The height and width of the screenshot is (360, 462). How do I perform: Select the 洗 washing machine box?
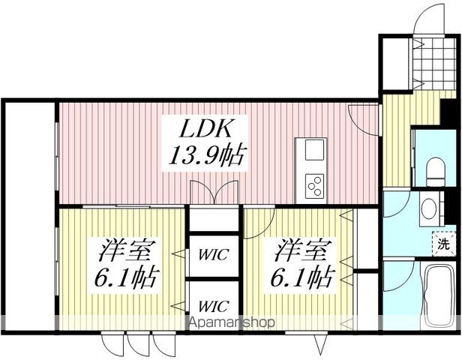443,243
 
